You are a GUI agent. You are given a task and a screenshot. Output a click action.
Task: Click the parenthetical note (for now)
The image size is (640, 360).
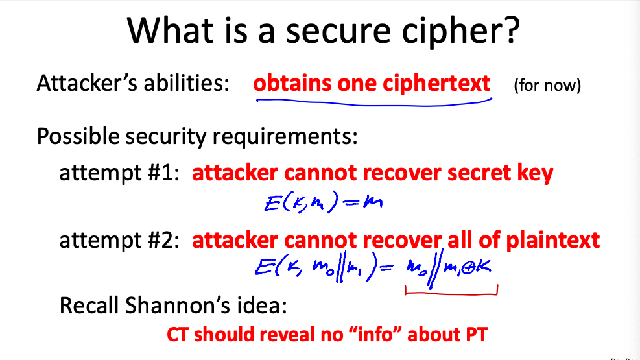[547, 86]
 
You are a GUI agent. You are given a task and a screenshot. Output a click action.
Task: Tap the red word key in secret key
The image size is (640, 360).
[534, 173]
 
